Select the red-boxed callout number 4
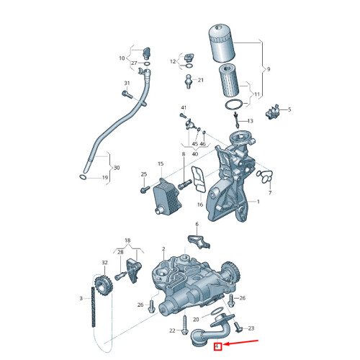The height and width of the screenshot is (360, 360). click(x=217, y=348)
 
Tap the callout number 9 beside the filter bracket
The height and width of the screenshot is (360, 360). click(x=268, y=69)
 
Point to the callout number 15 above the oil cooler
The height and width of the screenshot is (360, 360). click(x=161, y=164)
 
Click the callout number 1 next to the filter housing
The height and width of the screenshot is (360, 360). click(x=258, y=202)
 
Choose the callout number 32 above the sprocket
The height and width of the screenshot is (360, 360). click(x=104, y=264)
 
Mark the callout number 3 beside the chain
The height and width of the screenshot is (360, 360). click(x=81, y=298)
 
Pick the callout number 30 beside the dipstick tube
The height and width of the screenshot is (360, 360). click(x=117, y=168)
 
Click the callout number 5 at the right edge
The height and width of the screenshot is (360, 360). click(x=289, y=109)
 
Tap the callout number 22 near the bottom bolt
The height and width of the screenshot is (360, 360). click(x=172, y=330)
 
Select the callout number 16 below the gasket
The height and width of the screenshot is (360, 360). click(x=200, y=204)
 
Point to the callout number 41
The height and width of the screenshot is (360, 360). click(x=184, y=108)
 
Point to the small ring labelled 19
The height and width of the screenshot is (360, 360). click(x=84, y=176)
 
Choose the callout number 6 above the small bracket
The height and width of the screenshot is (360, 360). click(x=196, y=225)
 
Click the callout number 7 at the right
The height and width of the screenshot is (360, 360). click(x=270, y=194)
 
